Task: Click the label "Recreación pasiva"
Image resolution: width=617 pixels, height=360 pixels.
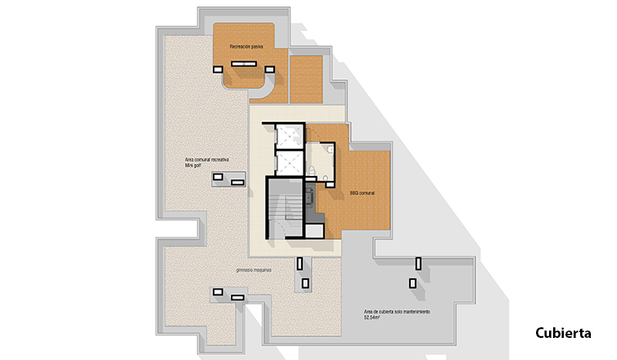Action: click(x=246, y=47)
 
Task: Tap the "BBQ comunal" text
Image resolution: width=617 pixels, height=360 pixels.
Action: click(x=362, y=193)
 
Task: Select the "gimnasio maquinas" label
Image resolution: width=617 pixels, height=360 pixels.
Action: click(x=254, y=270)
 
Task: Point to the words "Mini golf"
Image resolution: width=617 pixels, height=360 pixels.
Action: click(x=193, y=165)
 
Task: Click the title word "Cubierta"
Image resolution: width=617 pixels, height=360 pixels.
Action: click(x=563, y=333)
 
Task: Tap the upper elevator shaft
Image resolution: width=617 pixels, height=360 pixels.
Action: click(x=290, y=136)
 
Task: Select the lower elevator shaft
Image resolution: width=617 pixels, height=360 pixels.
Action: click(x=290, y=163)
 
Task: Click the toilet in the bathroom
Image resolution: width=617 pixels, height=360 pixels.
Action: click(x=312, y=171)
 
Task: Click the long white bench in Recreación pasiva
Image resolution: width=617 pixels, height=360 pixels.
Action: click(x=244, y=64)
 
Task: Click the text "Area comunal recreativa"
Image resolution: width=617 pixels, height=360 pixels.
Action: click(x=206, y=160)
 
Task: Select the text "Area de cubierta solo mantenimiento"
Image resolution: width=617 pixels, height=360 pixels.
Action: click(x=397, y=312)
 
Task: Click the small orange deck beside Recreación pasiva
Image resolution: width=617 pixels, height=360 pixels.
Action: click(x=306, y=79)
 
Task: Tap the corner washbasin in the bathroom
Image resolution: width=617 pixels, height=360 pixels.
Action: click(x=330, y=150)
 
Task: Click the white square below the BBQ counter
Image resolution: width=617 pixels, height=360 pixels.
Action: click(x=314, y=231)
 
